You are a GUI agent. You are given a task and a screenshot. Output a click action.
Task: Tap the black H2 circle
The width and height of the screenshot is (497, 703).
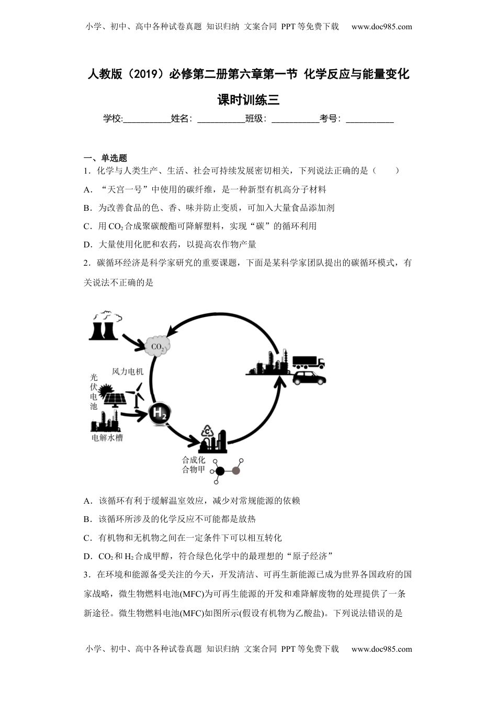[159, 414]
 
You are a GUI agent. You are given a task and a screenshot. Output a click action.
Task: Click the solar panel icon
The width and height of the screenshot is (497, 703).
[114, 398]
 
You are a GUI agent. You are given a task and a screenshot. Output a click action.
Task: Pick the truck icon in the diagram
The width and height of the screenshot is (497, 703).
[308, 362]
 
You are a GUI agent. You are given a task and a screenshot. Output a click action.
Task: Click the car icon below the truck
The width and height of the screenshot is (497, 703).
[309, 378]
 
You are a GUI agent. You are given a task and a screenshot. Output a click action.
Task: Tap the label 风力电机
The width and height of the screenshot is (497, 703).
[128, 371]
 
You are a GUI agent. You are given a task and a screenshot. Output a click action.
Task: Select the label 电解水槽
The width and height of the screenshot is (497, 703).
[107, 438]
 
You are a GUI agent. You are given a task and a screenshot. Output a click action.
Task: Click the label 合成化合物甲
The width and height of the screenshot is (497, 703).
[193, 465]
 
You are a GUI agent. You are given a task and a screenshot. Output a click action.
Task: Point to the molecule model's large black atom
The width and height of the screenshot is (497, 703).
[220, 471]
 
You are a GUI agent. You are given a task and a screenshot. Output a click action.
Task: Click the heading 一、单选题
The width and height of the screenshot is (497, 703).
[105, 158]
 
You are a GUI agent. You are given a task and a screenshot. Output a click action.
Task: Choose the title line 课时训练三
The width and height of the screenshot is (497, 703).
[249, 99]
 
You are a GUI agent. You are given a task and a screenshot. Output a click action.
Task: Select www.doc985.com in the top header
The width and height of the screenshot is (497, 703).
[381, 27]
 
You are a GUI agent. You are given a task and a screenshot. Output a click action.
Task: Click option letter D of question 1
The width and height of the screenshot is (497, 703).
[87, 244]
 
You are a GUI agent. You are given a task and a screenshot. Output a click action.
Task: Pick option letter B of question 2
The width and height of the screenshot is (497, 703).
[87, 519]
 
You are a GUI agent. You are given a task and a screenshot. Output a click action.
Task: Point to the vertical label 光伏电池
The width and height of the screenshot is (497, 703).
[94, 391]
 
